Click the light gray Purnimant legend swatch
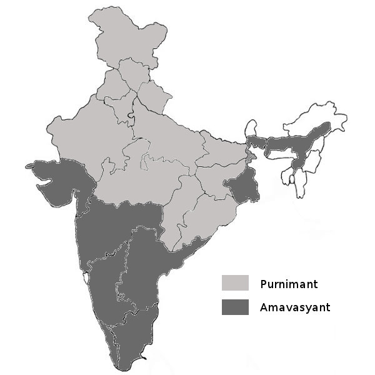pyautogui.click(x=234, y=283)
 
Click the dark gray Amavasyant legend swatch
pyautogui.click(x=234, y=306)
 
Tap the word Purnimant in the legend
pyautogui.click(x=289, y=284)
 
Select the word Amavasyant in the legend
pyautogui.click(x=295, y=307)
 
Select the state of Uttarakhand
pyautogui.click(x=153, y=97)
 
